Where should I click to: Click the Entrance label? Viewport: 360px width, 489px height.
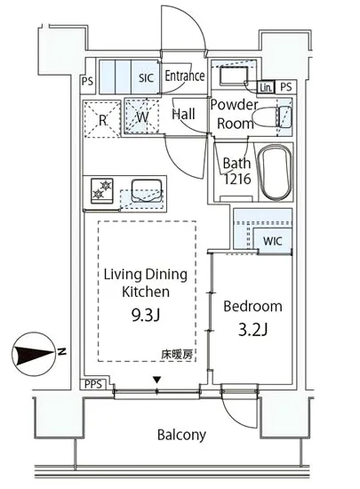[x=185, y=76]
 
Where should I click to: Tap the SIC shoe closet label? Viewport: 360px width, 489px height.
[x=146, y=78]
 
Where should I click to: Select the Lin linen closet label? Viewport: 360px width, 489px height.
[x=266, y=87]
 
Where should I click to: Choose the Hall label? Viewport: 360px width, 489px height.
[x=183, y=115]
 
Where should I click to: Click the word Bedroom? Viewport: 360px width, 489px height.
[x=252, y=306]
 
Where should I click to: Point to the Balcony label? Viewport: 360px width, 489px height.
[x=181, y=435]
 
